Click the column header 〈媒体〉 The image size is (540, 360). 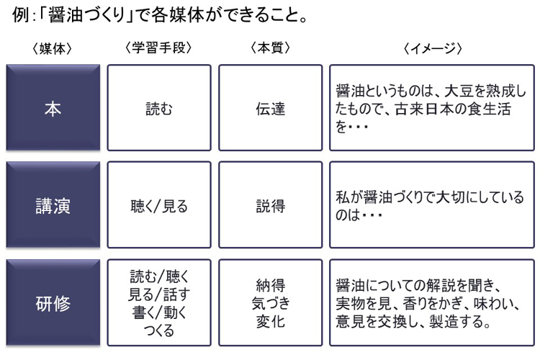[x=53, y=48]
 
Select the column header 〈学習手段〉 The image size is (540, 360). [x=158, y=48]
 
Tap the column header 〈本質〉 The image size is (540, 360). [x=270, y=48]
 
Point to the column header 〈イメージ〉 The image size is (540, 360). [x=433, y=48]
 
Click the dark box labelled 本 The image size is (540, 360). [x=53, y=107]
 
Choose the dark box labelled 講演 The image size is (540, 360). [x=53, y=204]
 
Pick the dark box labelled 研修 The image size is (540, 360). [x=53, y=302]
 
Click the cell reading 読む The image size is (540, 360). [x=159, y=107]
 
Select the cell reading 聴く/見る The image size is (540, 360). [x=159, y=204]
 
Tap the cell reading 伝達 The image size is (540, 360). [x=271, y=107]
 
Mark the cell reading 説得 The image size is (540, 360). [x=271, y=204]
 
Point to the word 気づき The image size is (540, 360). [x=271, y=304]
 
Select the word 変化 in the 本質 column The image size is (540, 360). [x=271, y=321]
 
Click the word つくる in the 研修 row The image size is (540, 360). [x=159, y=330]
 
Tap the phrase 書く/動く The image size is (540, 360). [x=159, y=312]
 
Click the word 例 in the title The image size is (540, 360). [x=20, y=15]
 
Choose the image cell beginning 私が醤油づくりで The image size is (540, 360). [x=432, y=204]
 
